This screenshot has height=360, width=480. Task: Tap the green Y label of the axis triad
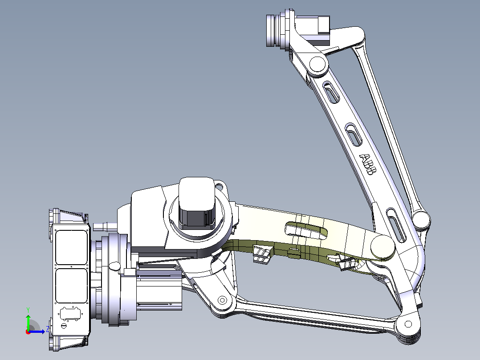point(28,310)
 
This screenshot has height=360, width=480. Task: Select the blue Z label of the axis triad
point(48,329)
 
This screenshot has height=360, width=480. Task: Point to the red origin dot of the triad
point(28,332)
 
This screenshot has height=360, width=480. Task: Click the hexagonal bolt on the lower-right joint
point(408,324)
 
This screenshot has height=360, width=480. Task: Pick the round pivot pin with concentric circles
point(222,300)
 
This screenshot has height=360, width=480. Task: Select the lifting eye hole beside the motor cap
point(220,186)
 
